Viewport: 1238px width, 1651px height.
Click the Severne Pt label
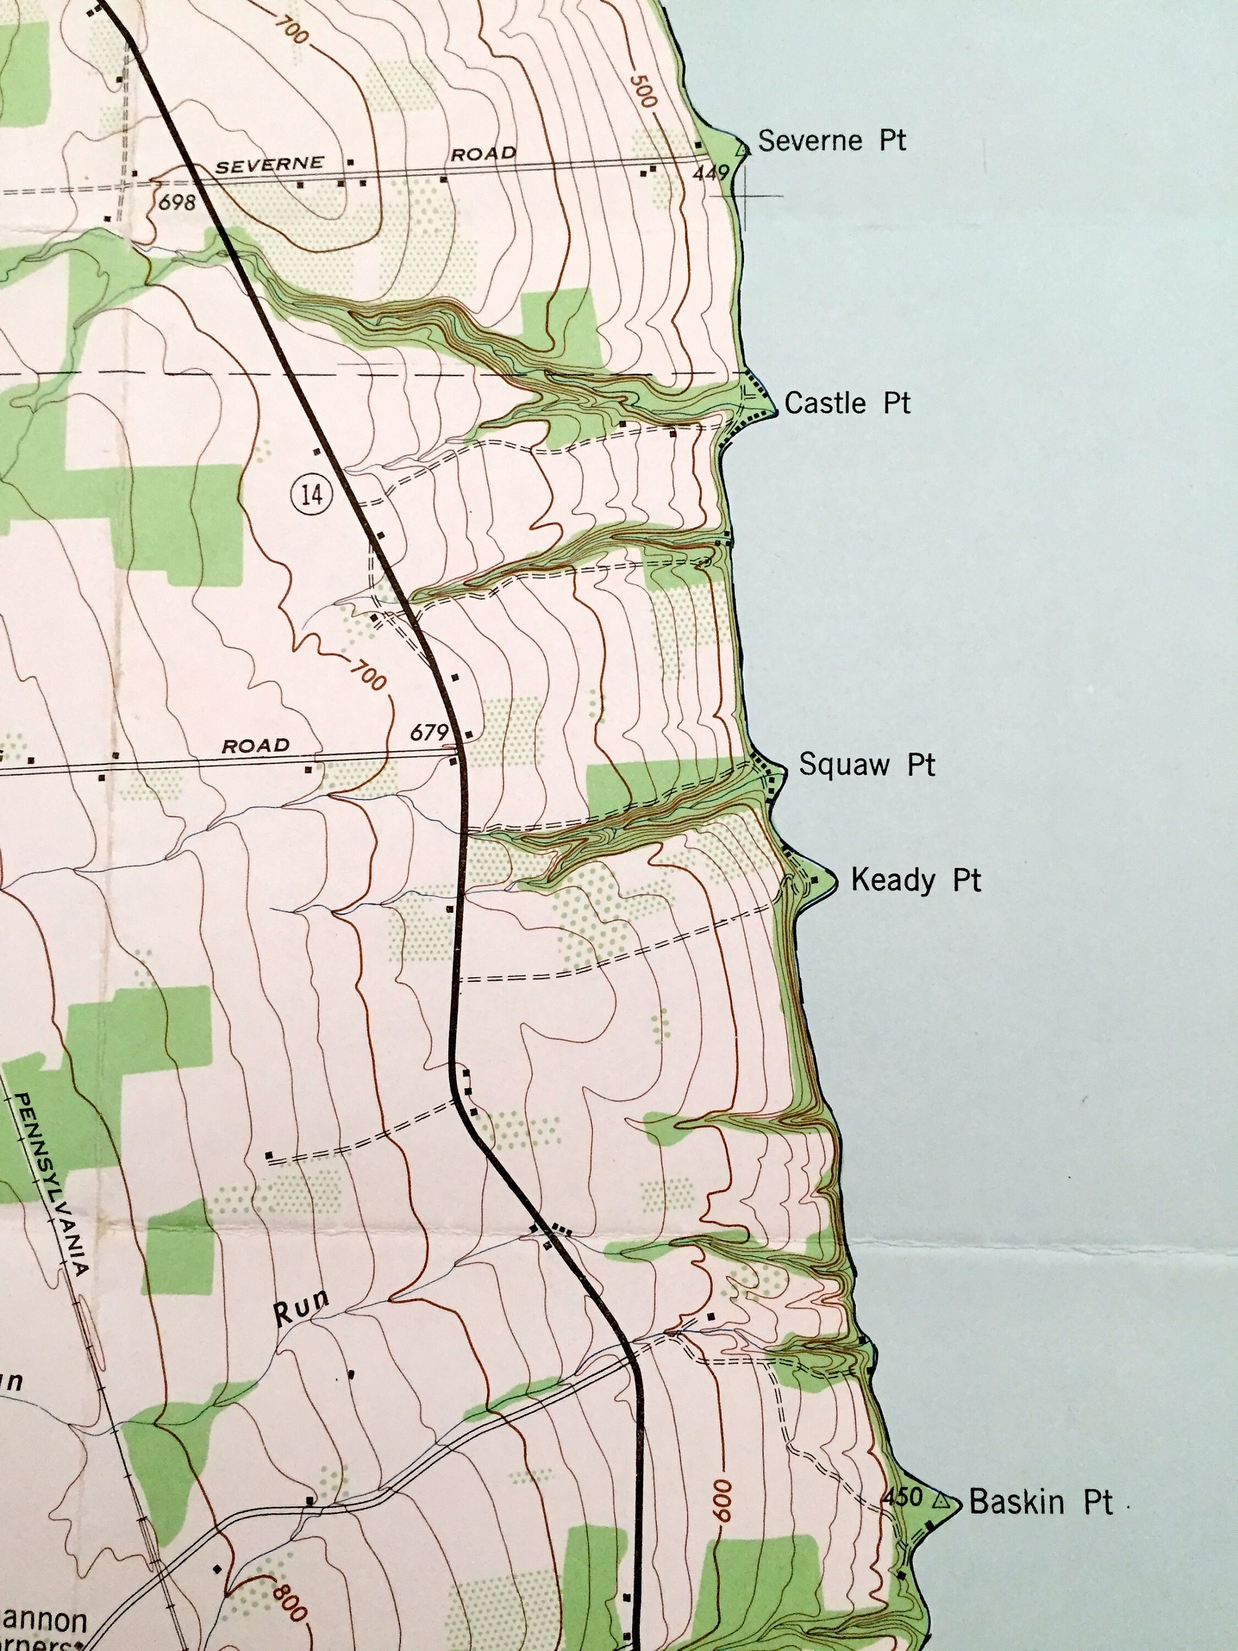click(831, 140)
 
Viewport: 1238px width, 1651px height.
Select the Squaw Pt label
click(867, 764)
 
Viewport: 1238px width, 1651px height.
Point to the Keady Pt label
click(916, 880)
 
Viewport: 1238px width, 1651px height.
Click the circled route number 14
click(311, 494)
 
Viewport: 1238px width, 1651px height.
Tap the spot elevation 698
click(177, 201)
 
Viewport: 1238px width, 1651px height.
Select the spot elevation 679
click(429, 732)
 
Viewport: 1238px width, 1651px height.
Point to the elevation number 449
click(710, 173)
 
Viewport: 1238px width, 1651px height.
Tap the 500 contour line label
click(642, 90)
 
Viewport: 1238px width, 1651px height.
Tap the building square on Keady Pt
click(815, 881)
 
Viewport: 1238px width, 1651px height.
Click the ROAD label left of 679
click(255, 746)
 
